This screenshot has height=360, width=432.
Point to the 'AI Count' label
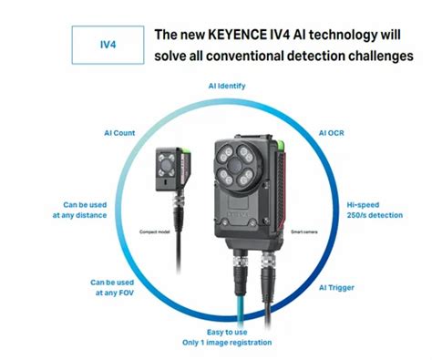tap(119, 133)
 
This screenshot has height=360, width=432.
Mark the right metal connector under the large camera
tap(271, 271)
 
